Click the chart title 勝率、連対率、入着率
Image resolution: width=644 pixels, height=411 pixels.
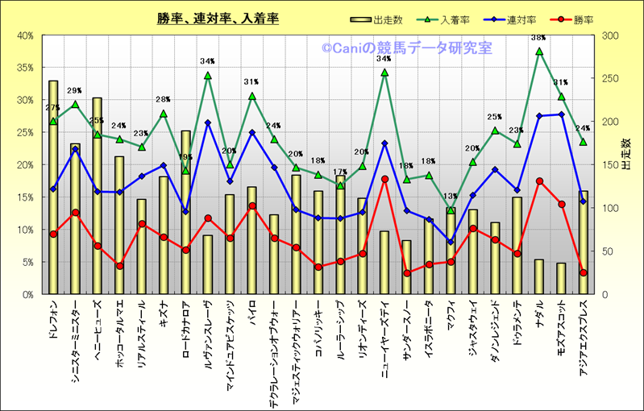[x=218, y=19]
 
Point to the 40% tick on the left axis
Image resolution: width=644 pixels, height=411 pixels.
[x=24, y=35]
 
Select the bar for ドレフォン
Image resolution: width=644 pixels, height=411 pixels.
[x=53, y=186]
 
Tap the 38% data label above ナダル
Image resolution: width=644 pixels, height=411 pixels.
[x=538, y=38]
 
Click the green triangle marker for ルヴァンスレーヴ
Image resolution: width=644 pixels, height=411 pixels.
[x=208, y=76]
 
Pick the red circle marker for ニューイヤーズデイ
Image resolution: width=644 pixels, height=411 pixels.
[x=384, y=179]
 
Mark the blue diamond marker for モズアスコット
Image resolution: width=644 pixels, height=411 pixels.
[x=561, y=114]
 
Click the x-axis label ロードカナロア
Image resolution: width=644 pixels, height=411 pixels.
[x=186, y=331]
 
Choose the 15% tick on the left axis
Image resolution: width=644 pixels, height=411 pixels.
[x=24, y=197]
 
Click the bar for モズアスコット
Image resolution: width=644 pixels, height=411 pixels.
[x=561, y=278]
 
